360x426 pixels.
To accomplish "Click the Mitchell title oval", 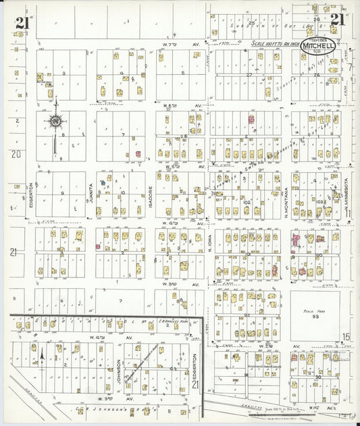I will tap(317, 45).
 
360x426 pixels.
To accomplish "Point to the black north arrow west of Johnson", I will tap(42, 352).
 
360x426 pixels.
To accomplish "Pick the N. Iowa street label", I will tap(209, 242).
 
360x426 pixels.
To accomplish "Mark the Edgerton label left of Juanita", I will tap(31, 196).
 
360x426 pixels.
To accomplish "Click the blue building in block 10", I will tap(103, 182).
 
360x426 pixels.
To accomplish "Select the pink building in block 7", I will tap(138, 154).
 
